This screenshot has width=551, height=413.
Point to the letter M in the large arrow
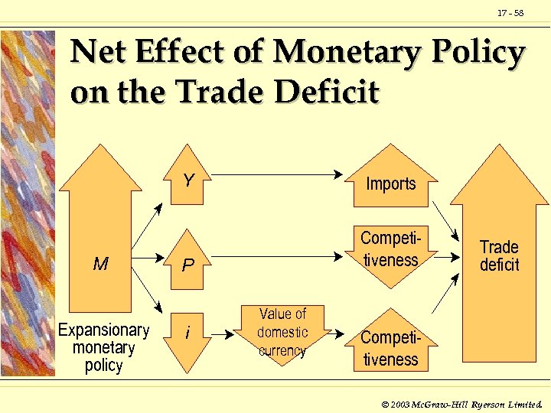[100, 265]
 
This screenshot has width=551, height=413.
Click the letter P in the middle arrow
[188, 265]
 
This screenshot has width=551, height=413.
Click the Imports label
[390, 184]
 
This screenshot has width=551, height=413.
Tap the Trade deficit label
[499, 255]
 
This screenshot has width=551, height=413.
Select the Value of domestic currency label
[282, 332]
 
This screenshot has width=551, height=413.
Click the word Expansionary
[104, 330]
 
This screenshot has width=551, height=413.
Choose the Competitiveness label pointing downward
[390, 249]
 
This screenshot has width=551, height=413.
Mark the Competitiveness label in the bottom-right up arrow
[390, 348]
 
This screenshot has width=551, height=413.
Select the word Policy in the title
[481, 54]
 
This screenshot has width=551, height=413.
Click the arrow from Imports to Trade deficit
[445, 216]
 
